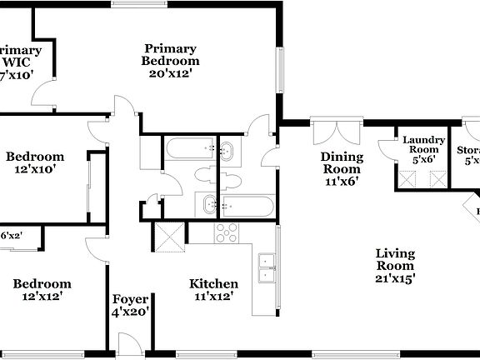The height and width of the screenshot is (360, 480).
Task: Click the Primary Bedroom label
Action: [x=170, y=61]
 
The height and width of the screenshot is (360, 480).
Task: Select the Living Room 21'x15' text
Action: [x=395, y=266]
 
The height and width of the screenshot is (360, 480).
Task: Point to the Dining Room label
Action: [x=342, y=169]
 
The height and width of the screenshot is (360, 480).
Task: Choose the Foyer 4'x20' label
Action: [x=131, y=306]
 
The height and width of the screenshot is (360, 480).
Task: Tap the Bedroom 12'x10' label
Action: [x=35, y=162]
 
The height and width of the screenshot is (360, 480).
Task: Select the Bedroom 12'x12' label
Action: [x=42, y=290]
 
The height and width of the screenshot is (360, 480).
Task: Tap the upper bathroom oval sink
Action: [x=227, y=151]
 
